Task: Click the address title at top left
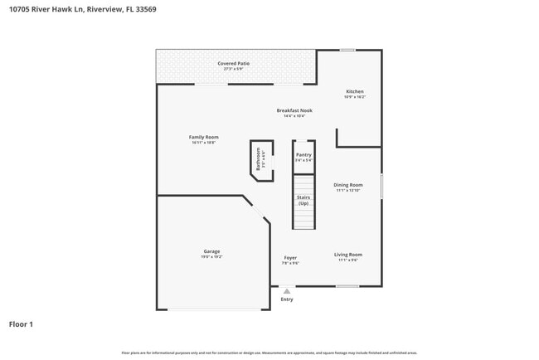[81, 9]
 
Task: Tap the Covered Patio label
[233, 63]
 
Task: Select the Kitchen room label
[354, 91]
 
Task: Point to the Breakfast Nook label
[294, 110]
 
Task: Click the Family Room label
[203, 137]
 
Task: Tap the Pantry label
[303, 154]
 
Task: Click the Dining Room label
[348, 185]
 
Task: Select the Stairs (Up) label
[303, 200]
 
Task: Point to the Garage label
[211, 251]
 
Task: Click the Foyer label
[290, 258]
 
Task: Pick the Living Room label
[347, 255]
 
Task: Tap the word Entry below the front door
[287, 299]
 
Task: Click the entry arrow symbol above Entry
[287, 291]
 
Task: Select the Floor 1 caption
[21, 324]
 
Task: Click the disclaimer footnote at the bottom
[269, 353]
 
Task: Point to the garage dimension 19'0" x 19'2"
[211, 257]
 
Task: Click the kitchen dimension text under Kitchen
[354, 97]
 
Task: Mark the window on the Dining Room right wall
[381, 185]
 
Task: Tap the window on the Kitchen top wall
[347, 50]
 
